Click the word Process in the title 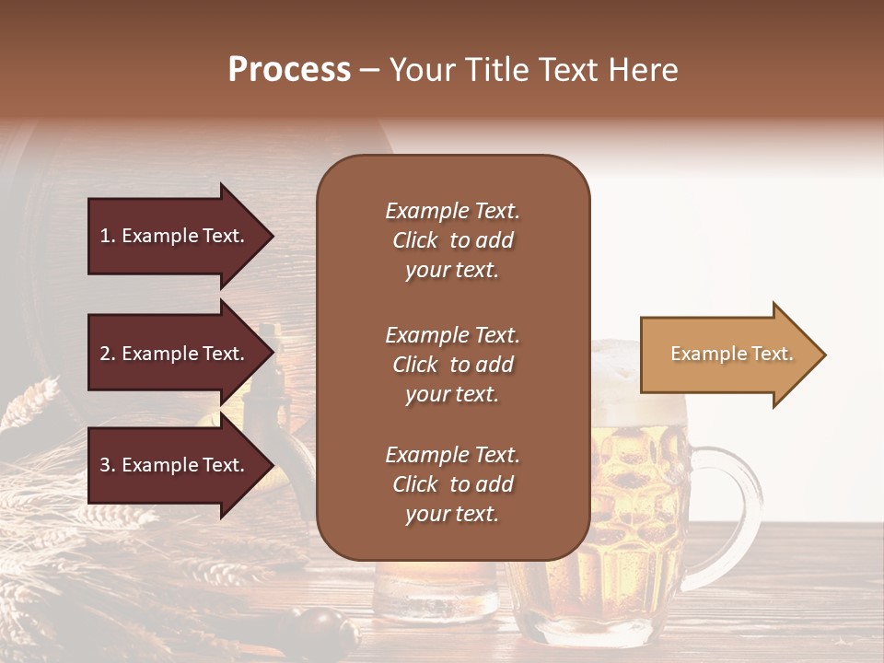coord(289,69)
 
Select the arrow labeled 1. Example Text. coord(180,236)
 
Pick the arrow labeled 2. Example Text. coord(180,354)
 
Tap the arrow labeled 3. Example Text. coord(180,465)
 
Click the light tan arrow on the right coord(732,355)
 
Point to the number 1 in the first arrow coord(105,236)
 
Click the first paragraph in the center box coord(452,240)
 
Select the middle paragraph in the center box coord(452,365)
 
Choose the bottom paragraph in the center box coord(452,484)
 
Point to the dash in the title coord(369,69)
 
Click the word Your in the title coord(421,69)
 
